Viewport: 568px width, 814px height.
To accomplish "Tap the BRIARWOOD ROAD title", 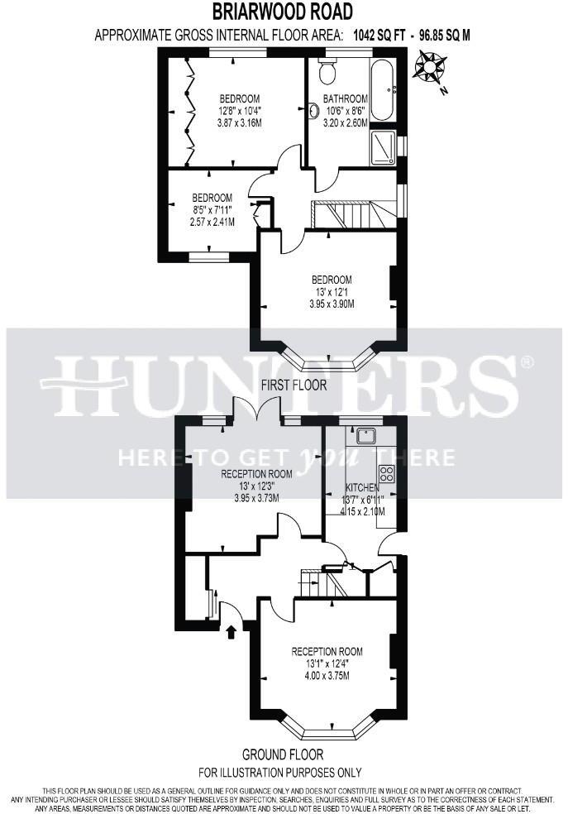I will [x=283, y=12].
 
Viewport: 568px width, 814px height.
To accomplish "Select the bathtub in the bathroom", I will [x=383, y=89].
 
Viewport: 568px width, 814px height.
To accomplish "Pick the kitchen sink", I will [x=365, y=436].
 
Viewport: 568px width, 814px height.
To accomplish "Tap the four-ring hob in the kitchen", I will [x=386, y=474].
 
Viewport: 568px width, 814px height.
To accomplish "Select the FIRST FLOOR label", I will [x=294, y=385].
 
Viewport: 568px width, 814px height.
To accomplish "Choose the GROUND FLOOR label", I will [x=283, y=754].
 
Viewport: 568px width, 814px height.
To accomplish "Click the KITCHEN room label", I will [x=361, y=488].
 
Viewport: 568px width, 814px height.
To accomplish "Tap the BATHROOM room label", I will [x=346, y=99].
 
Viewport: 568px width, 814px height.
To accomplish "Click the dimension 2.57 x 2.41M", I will [x=212, y=222].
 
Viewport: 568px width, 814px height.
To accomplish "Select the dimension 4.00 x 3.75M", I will [x=327, y=675].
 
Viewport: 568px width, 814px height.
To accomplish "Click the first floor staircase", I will [x=351, y=216].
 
